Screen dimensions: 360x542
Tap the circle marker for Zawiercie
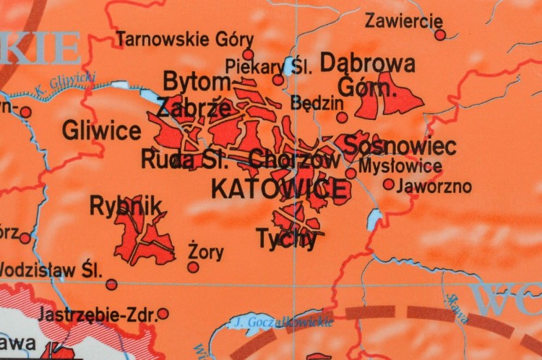click(x=440, y=35)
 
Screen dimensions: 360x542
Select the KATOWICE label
click(x=278, y=189)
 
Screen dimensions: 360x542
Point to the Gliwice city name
click(x=101, y=131)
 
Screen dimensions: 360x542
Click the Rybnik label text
click(x=126, y=206)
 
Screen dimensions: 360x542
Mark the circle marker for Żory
click(x=193, y=267)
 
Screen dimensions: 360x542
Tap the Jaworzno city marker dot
click(x=389, y=184)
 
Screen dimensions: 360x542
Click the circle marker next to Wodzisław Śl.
click(x=111, y=284)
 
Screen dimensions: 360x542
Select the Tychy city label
click(x=287, y=239)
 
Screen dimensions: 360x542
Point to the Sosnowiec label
click(x=400, y=145)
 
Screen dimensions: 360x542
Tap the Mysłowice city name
click(x=400, y=166)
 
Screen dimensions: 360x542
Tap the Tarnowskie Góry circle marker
click(x=248, y=54)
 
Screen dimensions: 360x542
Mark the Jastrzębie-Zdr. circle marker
click(x=163, y=314)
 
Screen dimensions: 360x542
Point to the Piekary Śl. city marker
click(x=278, y=80)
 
